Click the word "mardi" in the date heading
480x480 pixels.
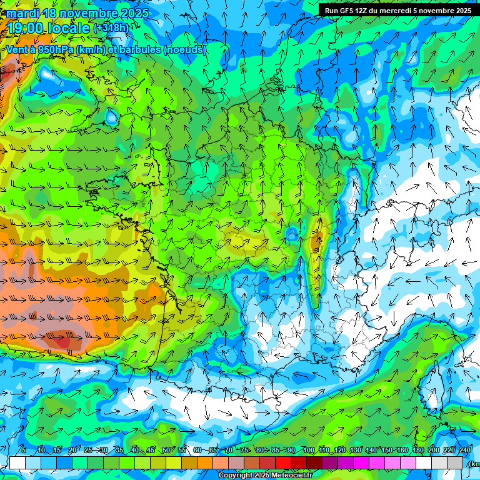[x=22, y=13]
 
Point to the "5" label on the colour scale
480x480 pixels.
[x=24, y=450]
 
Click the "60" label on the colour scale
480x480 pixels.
[x=197, y=450]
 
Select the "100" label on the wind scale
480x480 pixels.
[x=308, y=450]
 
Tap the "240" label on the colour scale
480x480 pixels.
[x=465, y=450]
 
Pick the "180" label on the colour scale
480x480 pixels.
[x=418, y=450]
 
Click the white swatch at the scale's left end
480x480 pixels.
[x=17, y=462]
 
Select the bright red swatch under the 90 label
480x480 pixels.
[x=283, y=462]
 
